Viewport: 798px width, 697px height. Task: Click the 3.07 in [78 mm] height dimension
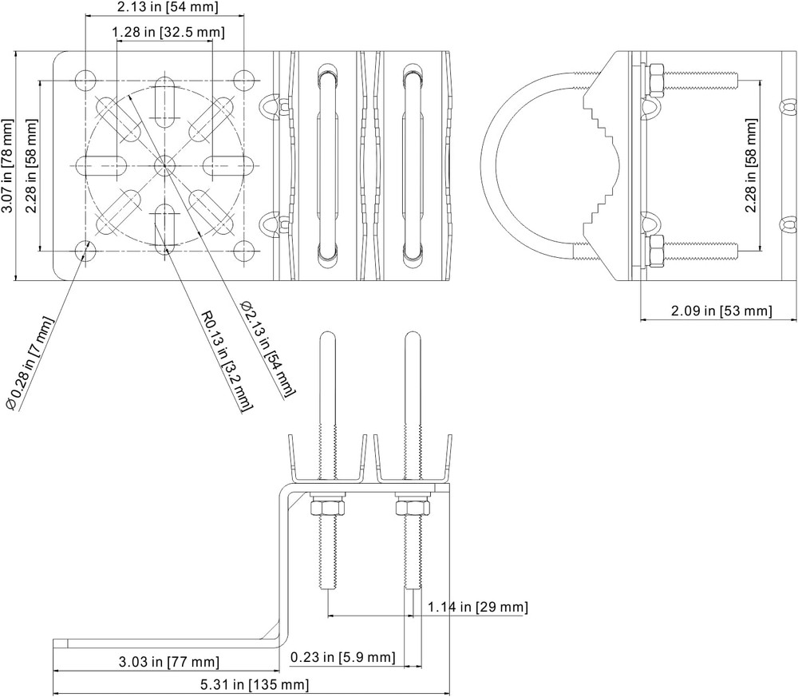(7, 166)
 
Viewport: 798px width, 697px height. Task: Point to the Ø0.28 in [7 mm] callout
(31, 362)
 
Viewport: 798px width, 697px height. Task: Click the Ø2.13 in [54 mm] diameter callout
(268, 348)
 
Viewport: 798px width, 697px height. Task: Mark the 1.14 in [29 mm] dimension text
(476, 608)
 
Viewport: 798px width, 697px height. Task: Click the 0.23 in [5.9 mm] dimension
(342, 657)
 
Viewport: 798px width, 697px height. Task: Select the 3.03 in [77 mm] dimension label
(168, 661)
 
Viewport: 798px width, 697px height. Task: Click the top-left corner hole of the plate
(85, 80)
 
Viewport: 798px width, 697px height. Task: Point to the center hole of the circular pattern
(165, 166)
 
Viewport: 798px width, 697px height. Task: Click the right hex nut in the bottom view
(411, 507)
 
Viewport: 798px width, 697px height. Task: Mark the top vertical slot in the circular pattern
(165, 101)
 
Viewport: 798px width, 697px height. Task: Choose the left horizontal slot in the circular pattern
(101, 166)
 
